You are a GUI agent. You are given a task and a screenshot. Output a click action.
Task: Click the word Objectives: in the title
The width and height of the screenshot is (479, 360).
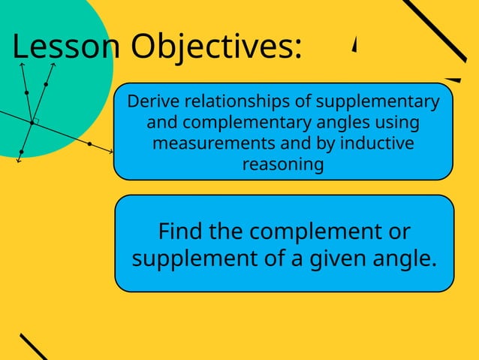pyautogui.click(x=217, y=48)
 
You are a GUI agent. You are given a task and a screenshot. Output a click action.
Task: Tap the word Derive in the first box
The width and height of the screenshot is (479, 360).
pyautogui.click(x=150, y=101)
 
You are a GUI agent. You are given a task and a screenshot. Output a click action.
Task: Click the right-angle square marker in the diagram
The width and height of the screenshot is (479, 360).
pyautogui.click(x=35, y=119)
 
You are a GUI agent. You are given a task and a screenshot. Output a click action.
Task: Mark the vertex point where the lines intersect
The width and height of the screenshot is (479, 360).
pyautogui.click(x=31, y=122)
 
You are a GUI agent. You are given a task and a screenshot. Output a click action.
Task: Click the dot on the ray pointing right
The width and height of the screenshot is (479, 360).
pyautogui.click(x=89, y=143)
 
